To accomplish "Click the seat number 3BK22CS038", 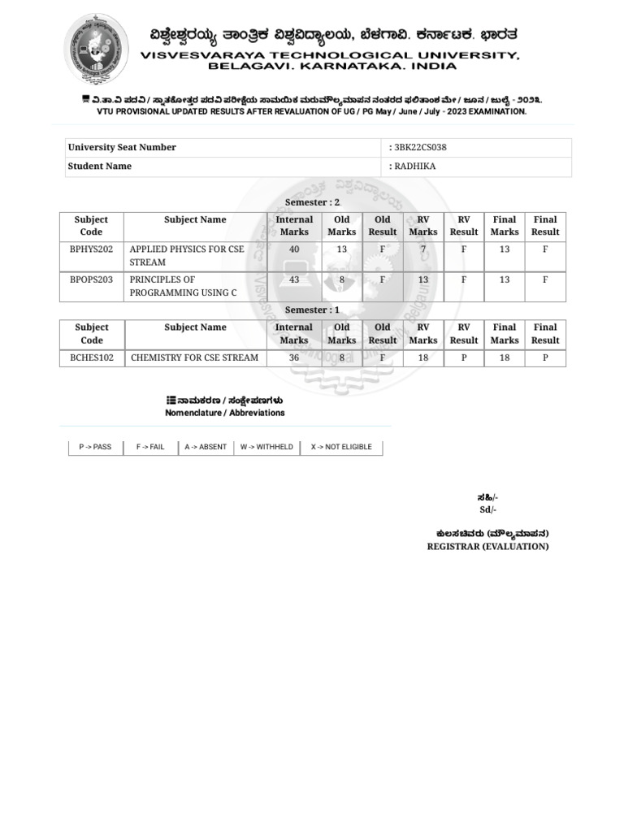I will click(x=420, y=148).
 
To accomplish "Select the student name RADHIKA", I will click(x=414, y=167).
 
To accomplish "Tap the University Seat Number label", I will click(x=122, y=148).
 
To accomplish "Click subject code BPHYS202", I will click(x=91, y=249).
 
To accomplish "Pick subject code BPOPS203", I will click(x=91, y=279).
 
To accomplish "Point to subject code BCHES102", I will click(x=92, y=357).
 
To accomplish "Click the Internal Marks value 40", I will click(x=294, y=249).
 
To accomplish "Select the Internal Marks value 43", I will click(x=294, y=279).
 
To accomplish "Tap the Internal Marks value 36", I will click(x=294, y=357).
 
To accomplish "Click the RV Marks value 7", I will click(x=423, y=249).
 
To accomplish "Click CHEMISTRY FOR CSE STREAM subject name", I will click(x=194, y=357).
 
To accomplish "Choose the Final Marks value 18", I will click(x=505, y=357).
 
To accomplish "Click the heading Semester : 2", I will click(x=312, y=202).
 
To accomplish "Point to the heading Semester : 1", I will click(x=312, y=310).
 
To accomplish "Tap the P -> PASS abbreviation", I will click(x=95, y=447).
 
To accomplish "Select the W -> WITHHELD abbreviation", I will click(x=266, y=447).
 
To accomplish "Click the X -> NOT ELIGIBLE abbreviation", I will click(x=341, y=447).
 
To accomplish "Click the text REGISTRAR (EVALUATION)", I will click(x=487, y=547).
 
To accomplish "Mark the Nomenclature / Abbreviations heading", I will click(x=225, y=413).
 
